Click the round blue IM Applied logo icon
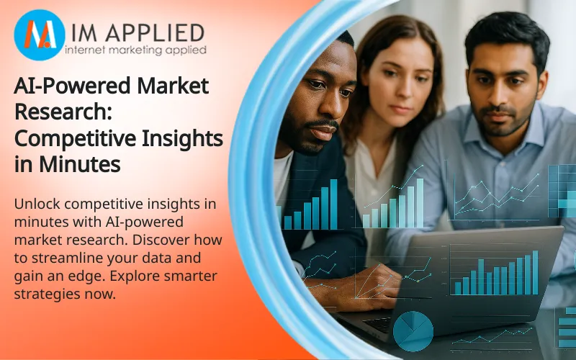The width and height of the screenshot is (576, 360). [40, 35]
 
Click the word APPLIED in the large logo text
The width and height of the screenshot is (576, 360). [155, 33]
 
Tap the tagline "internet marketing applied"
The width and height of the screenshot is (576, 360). [135, 50]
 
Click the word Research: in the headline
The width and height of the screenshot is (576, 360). [63, 112]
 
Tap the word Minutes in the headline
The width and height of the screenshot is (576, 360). [80, 165]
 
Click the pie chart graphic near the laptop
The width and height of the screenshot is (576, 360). [413, 330]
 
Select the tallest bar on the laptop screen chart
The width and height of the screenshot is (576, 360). [535, 273]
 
